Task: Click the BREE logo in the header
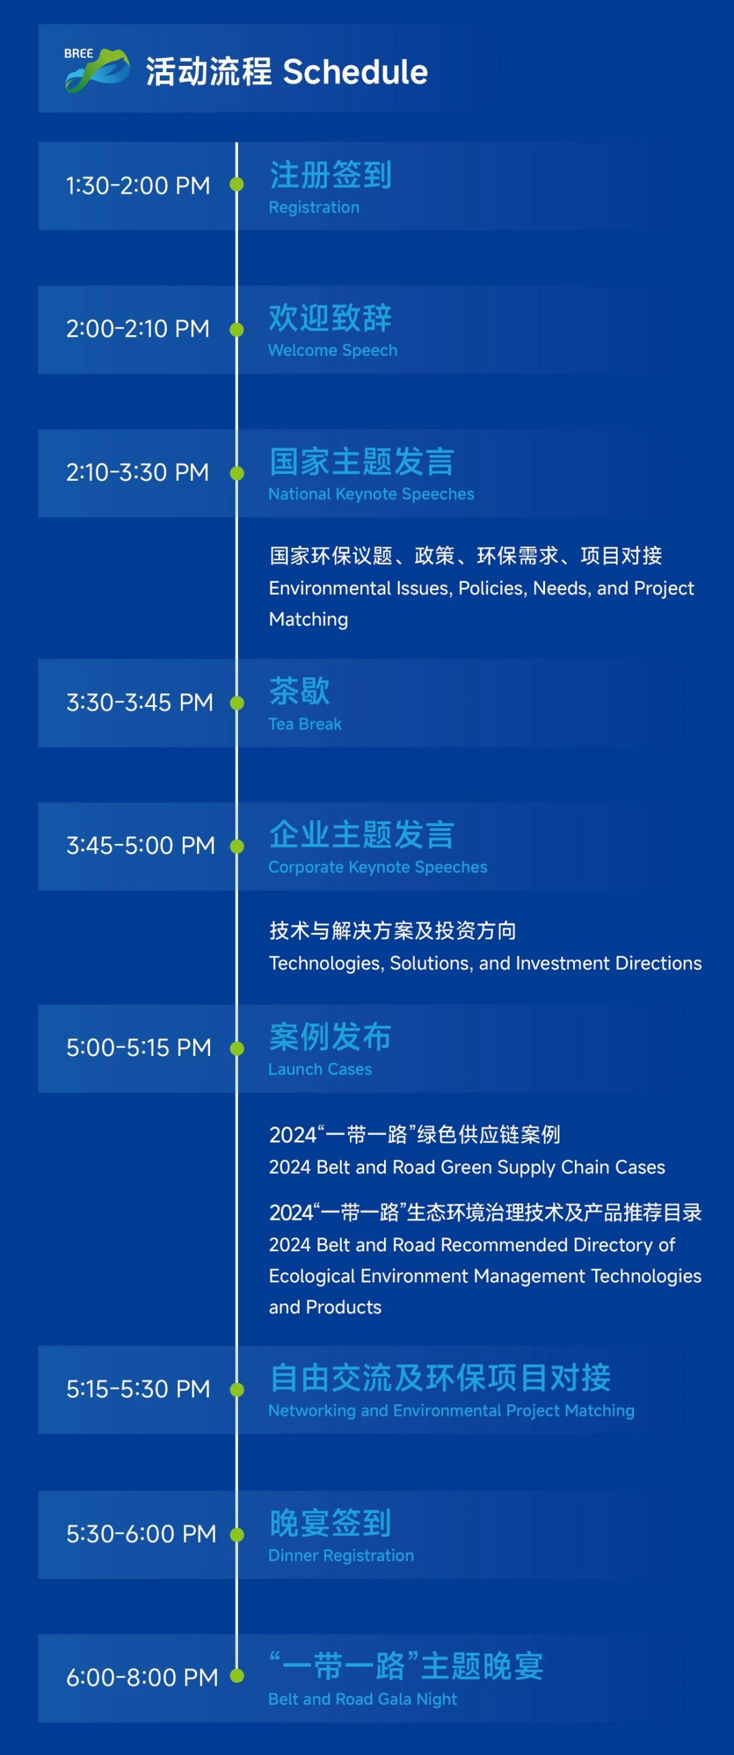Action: (x=97, y=69)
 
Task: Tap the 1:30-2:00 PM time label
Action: (x=138, y=186)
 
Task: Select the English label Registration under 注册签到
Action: (x=314, y=207)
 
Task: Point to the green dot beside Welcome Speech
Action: (x=237, y=330)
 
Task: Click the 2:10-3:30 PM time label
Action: (x=137, y=472)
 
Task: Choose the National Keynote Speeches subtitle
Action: (x=371, y=494)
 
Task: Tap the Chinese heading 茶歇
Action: (x=300, y=691)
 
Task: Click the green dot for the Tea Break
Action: (x=237, y=703)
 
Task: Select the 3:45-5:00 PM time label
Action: (x=140, y=845)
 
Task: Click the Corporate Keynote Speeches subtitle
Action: (x=378, y=867)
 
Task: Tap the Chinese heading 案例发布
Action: (x=330, y=1037)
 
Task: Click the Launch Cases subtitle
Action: (x=320, y=1069)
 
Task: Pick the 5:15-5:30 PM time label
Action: (x=138, y=1389)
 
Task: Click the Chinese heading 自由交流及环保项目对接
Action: (x=440, y=1378)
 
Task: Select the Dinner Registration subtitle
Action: (x=341, y=1555)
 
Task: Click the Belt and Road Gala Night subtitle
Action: (x=363, y=1699)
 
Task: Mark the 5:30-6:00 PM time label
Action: (x=141, y=1533)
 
